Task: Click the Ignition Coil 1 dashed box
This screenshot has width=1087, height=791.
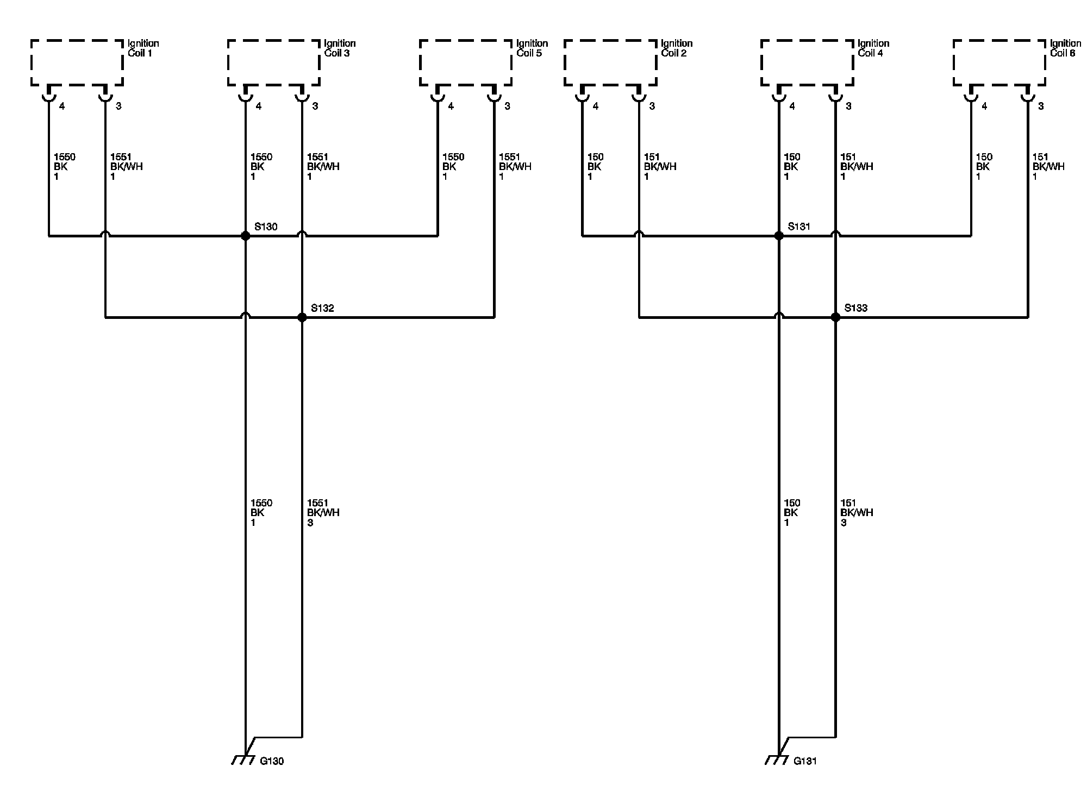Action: click(77, 62)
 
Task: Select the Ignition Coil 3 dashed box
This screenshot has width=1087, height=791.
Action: click(273, 62)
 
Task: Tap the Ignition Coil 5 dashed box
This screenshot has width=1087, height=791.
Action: click(465, 62)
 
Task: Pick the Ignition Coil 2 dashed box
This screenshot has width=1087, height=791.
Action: click(610, 62)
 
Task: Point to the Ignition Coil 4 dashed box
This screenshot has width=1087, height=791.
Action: click(807, 62)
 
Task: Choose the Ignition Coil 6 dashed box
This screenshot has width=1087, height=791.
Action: click(999, 62)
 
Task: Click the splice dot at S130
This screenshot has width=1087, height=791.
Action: click(245, 236)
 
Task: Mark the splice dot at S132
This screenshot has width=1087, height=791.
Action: click(302, 317)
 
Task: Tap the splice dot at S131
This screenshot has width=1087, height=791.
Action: click(779, 236)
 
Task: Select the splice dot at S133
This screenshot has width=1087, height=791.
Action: click(836, 317)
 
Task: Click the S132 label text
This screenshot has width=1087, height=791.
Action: click(322, 308)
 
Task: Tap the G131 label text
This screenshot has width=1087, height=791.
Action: click(805, 761)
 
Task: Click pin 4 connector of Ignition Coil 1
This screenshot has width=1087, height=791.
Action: click(49, 97)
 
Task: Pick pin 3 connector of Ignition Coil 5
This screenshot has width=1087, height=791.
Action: click(494, 97)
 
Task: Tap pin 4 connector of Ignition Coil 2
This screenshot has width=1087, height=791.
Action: click(582, 97)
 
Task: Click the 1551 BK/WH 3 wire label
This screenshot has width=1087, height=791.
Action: click(323, 513)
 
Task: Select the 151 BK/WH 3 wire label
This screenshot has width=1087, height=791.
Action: click(857, 513)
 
